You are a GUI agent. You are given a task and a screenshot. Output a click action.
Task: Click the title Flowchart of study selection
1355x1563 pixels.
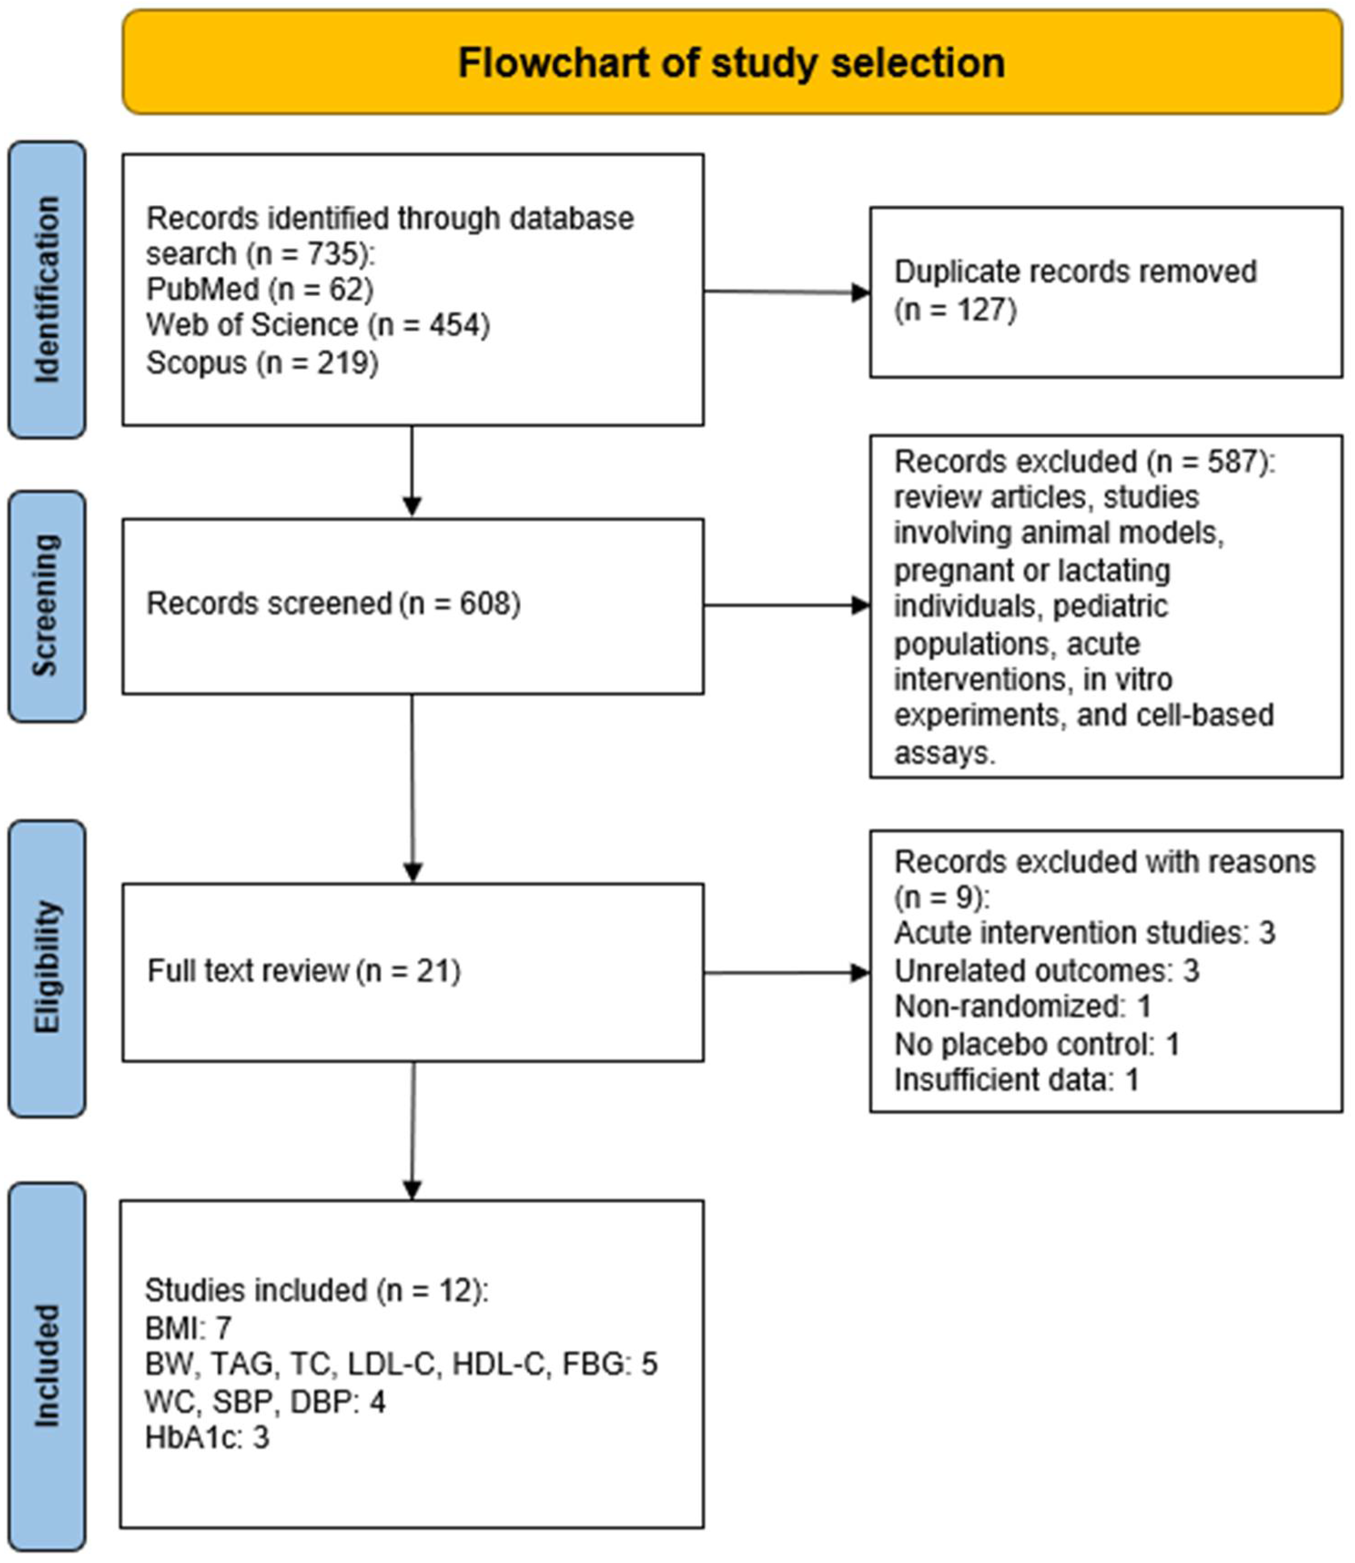coord(731,63)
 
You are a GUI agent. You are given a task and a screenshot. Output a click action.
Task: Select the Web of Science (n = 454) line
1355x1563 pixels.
coord(317,325)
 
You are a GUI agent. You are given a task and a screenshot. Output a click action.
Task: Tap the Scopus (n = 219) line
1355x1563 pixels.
coord(262,363)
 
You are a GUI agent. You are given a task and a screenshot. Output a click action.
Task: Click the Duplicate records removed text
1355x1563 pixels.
coord(1074,272)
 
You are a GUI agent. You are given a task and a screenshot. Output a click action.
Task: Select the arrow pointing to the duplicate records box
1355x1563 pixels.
coord(786,292)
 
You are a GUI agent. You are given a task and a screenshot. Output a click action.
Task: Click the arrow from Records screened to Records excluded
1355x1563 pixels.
coord(786,605)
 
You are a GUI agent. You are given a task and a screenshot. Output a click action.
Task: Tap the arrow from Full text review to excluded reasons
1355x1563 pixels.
coord(786,973)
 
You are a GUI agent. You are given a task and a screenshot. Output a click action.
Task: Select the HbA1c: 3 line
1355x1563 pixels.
coord(207,1437)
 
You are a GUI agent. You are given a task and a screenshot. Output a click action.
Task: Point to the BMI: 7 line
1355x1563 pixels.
coord(187,1328)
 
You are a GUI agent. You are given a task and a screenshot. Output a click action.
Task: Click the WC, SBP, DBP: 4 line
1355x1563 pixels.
coord(265,1401)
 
